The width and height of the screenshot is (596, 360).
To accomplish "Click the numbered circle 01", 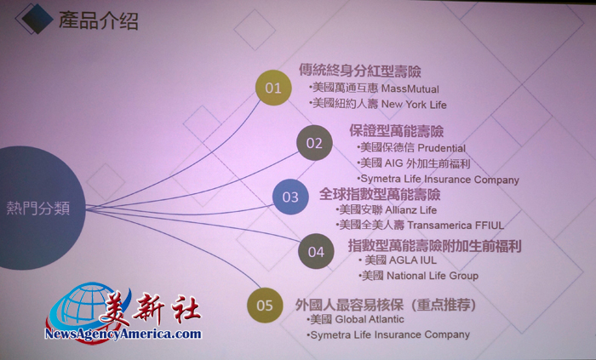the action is (x=273, y=88).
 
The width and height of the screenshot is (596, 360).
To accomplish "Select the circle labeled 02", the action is (x=314, y=143).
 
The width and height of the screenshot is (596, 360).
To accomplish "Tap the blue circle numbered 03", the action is (x=290, y=197).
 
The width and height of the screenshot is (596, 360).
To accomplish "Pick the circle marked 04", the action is (x=316, y=251).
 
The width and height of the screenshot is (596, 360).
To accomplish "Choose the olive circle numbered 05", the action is (x=265, y=306).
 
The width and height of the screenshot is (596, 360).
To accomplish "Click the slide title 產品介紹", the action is (x=98, y=20).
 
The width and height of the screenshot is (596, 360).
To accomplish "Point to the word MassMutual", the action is (x=410, y=89).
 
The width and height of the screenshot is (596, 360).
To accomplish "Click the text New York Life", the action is (x=414, y=105).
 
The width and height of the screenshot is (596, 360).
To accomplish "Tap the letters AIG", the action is (x=393, y=163).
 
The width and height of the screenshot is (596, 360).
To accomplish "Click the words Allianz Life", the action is (x=411, y=210).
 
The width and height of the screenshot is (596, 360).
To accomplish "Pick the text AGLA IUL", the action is (x=413, y=260).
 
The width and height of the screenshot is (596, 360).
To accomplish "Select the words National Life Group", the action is (x=433, y=276).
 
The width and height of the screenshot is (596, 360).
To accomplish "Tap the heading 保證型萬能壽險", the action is (x=397, y=131).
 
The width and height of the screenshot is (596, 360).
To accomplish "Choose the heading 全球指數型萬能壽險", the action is (x=380, y=194).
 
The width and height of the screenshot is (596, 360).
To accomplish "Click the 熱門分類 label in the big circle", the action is (x=38, y=209).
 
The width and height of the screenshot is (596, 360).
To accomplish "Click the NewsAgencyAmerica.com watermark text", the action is (x=123, y=334).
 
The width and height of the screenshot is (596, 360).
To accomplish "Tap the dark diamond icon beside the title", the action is (x=37, y=19).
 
